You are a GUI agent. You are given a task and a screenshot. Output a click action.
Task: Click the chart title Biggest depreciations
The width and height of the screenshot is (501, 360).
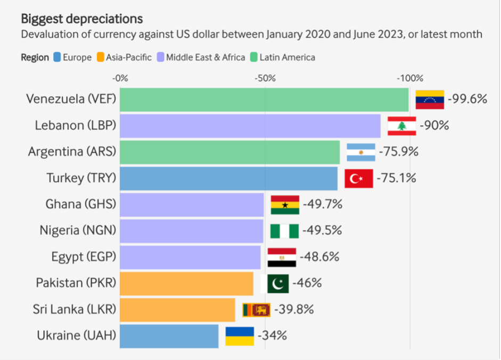click(x=81, y=19)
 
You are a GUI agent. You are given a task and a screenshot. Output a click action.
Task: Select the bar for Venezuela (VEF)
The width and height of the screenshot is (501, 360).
click(x=264, y=100)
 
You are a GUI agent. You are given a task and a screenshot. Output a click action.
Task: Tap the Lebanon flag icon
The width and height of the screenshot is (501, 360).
click(x=401, y=126)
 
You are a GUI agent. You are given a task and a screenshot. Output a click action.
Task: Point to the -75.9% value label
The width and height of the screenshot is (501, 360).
click(x=399, y=152)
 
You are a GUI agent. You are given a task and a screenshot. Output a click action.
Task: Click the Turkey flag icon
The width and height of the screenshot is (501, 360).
click(x=358, y=178)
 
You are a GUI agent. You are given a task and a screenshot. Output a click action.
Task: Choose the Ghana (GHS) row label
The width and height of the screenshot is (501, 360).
click(x=80, y=204)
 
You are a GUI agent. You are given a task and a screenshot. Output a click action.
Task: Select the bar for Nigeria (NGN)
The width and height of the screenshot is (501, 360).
click(x=192, y=231)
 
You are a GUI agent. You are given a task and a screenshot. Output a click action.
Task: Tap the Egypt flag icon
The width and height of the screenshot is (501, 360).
click(x=282, y=257)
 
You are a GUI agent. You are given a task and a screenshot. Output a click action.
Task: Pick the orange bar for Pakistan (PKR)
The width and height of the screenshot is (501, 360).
click(x=186, y=283)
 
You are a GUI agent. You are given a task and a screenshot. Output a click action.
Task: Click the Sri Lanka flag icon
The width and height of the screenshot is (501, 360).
click(x=256, y=309)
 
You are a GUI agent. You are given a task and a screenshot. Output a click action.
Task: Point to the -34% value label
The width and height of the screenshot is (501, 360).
click(x=272, y=336)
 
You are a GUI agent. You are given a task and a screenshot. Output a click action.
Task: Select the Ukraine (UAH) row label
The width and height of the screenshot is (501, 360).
click(x=76, y=336)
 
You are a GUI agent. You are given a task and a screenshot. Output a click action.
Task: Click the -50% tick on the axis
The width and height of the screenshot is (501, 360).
click(x=265, y=78)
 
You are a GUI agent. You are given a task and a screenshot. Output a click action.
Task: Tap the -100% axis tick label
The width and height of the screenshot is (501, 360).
click(x=409, y=78)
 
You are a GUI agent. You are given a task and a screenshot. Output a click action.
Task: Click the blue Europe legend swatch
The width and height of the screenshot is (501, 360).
click(x=56, y=57)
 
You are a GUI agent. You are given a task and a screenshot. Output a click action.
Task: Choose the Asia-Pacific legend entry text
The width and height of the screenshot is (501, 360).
click(x=129, y=57)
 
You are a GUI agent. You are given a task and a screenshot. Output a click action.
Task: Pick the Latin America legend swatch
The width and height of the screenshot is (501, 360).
click(x=253, y=57)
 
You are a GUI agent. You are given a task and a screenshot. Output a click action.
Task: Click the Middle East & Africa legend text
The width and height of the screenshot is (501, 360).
click(x=206, y=57)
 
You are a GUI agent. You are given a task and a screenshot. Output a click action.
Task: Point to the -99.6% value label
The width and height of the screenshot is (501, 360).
click(x=467, y=99)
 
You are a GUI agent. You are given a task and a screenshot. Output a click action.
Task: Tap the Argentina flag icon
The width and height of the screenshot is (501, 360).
click(x=361, y=152)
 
